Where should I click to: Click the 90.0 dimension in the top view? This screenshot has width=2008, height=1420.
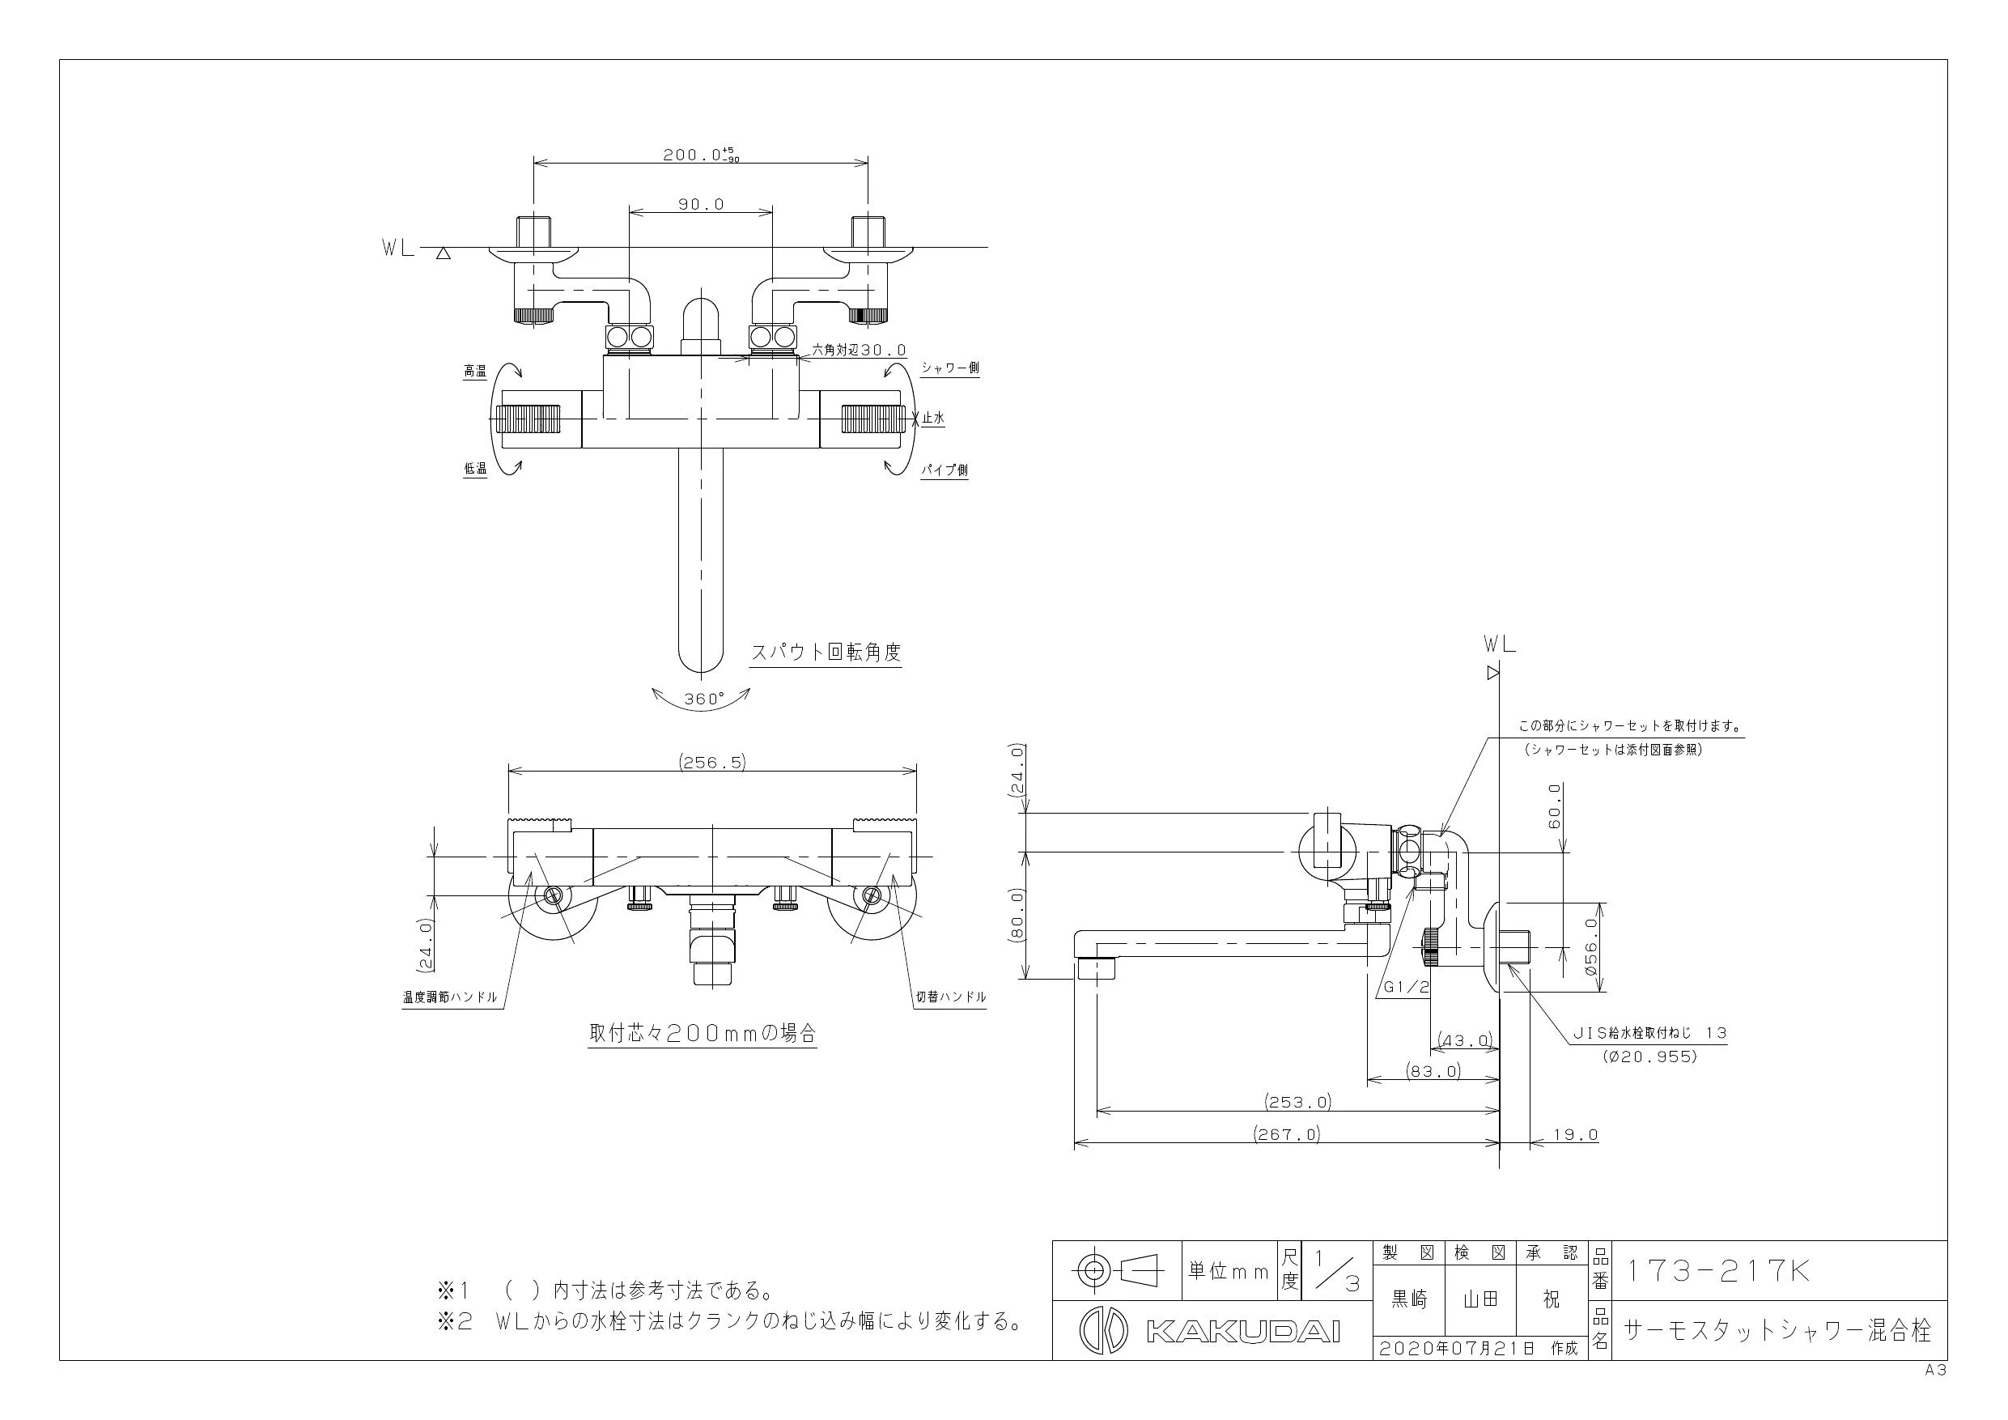[x=702, y=204]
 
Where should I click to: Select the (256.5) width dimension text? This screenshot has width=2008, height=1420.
[x=713, y=762]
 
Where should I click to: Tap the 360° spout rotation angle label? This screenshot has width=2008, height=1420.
[x=704, y=698]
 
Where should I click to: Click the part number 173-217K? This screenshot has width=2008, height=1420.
[x=1717, y=1270]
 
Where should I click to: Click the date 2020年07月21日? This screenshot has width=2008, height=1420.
[x=1457, y=1348]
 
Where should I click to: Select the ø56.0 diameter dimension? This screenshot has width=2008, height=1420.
[x=1590, y=946]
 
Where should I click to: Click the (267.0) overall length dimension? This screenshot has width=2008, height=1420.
[x=1288, y=1134]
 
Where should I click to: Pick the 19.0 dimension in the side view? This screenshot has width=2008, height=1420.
[x=1576, y=1135]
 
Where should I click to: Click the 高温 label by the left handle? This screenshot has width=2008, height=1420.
[x=475, y=372]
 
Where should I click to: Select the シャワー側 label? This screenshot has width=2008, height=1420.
[x=950, y=368]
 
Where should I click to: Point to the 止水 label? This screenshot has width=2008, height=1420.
[x=933, y=419]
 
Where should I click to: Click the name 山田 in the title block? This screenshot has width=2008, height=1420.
[x=1480, y=1300]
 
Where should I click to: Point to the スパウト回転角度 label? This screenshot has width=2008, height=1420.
[x=826, y=653]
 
